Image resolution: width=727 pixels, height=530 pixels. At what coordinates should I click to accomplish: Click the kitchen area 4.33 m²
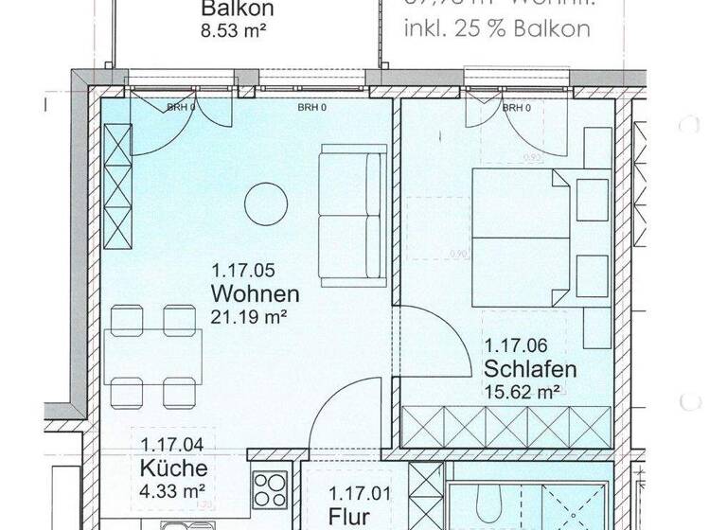(173, 491)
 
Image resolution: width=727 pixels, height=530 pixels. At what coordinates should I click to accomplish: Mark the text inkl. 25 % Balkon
(496, 29)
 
